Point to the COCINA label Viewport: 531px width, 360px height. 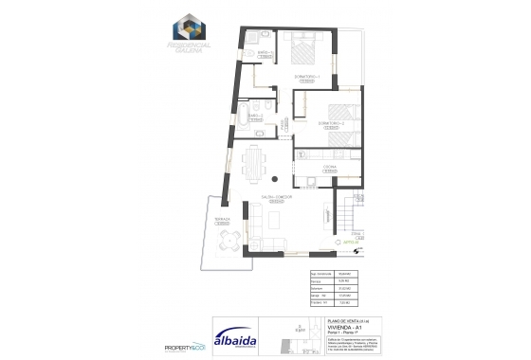coord(331,167)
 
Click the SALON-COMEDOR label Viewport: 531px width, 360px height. coord(278,198)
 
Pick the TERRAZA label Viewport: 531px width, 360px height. coord(221,219)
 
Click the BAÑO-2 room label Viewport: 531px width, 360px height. coord(257,116)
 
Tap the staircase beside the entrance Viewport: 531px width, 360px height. coord(348,221)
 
